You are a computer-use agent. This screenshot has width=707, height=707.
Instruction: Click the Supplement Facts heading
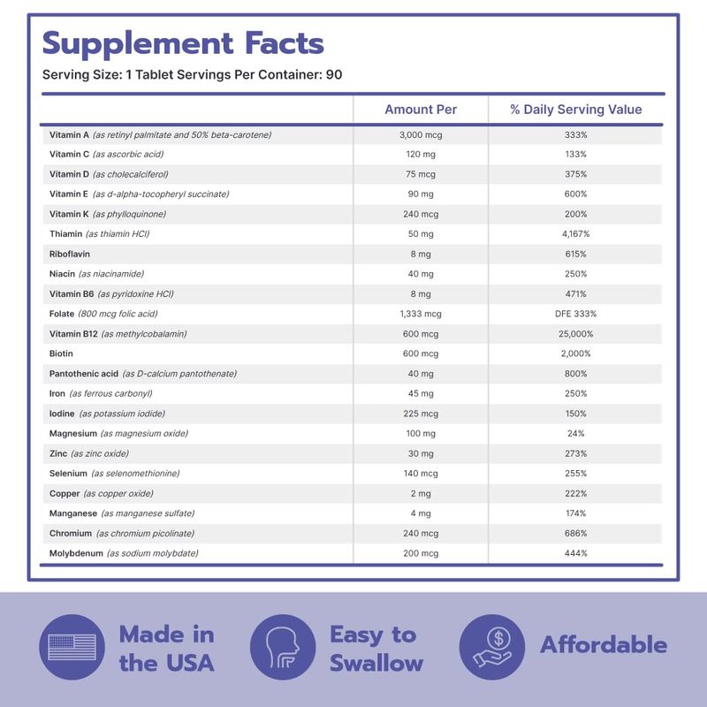coord(183,43)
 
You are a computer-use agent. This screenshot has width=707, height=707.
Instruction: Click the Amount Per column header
coord(421,110)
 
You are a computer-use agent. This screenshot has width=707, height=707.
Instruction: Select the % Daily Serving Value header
coord(575,110)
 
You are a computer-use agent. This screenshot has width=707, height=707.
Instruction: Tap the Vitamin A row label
coord(69,134)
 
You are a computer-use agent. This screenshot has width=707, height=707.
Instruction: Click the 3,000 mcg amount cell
coord(421,134)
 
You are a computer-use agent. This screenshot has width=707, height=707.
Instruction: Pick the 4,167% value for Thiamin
coord(575,234)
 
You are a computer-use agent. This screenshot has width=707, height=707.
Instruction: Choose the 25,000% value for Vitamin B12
coord(575,334)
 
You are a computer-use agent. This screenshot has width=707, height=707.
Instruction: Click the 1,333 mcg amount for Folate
coord(421,314)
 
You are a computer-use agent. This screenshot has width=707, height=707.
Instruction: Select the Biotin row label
coord(62,353)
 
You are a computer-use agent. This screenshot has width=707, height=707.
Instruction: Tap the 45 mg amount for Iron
coord(421,393)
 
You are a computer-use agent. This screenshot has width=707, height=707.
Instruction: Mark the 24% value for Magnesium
coord(575,433)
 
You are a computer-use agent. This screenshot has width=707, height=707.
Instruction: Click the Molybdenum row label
coord(77,553)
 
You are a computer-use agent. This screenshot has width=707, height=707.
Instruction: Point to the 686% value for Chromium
coord(575,533)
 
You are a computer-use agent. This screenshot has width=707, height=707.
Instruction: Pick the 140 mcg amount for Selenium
coord(421,474)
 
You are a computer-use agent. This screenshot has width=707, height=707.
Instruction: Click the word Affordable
coord(604,645)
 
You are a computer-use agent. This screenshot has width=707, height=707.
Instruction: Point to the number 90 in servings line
coord(333,74)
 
